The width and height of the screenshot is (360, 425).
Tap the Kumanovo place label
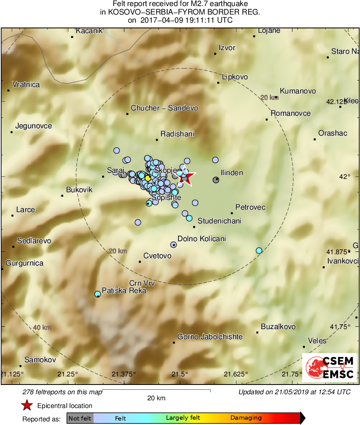point(298,91)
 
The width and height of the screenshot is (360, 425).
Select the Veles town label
point(317,341)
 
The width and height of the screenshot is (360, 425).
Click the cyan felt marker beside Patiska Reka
point(97,294)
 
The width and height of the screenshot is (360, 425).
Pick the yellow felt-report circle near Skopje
point(148,178)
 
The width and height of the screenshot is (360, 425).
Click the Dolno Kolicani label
point(202,239)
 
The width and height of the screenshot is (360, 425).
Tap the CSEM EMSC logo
point(330,368)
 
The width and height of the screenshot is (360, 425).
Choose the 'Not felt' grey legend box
point(80,418)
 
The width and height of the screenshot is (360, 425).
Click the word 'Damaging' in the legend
point(246,418)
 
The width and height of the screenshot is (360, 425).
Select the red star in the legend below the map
point(27,406)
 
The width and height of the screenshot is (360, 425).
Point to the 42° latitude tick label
point(345,176)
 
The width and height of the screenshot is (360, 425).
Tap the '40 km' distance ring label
point(42,327)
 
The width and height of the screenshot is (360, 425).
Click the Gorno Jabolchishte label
point(210,337)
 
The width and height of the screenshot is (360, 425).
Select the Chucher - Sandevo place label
point(164,108)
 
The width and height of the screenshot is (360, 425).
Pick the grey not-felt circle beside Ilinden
point(216,180)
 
